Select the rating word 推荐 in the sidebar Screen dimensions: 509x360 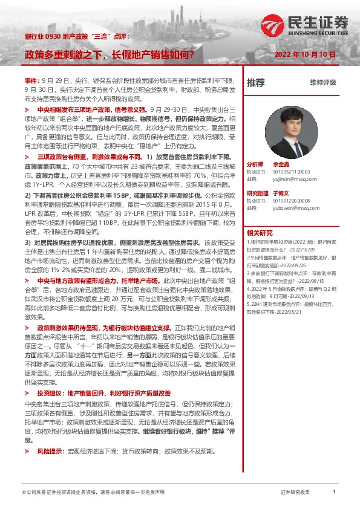click(x=255, y=82)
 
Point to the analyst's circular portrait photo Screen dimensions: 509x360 click(x=293, y=132)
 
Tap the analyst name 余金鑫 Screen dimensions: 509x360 click(x=280, y=164)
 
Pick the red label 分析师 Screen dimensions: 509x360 click(x=255, y=164)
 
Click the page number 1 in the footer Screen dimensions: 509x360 click(x=334, y=493)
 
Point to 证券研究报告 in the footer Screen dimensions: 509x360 click(x=295, y=493)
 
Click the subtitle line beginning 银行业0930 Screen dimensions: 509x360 click(x=77, y=37)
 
